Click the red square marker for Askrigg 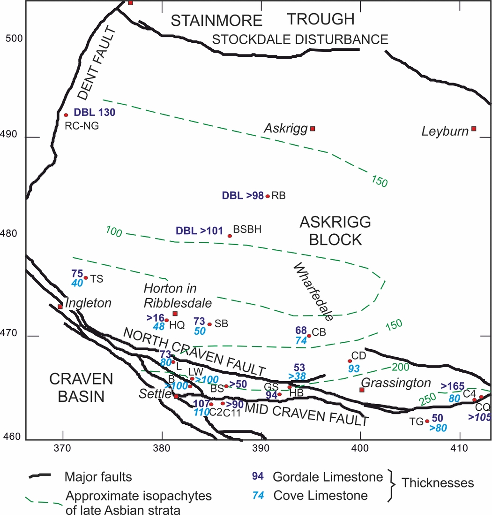[313, 129]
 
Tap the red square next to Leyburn [474, 129]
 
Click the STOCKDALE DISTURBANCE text [300, 39]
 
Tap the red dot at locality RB [268, 196]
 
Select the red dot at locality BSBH [230, 236]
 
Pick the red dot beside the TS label [86, 278]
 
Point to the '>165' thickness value [453, 386]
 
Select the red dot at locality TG [427, 421]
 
